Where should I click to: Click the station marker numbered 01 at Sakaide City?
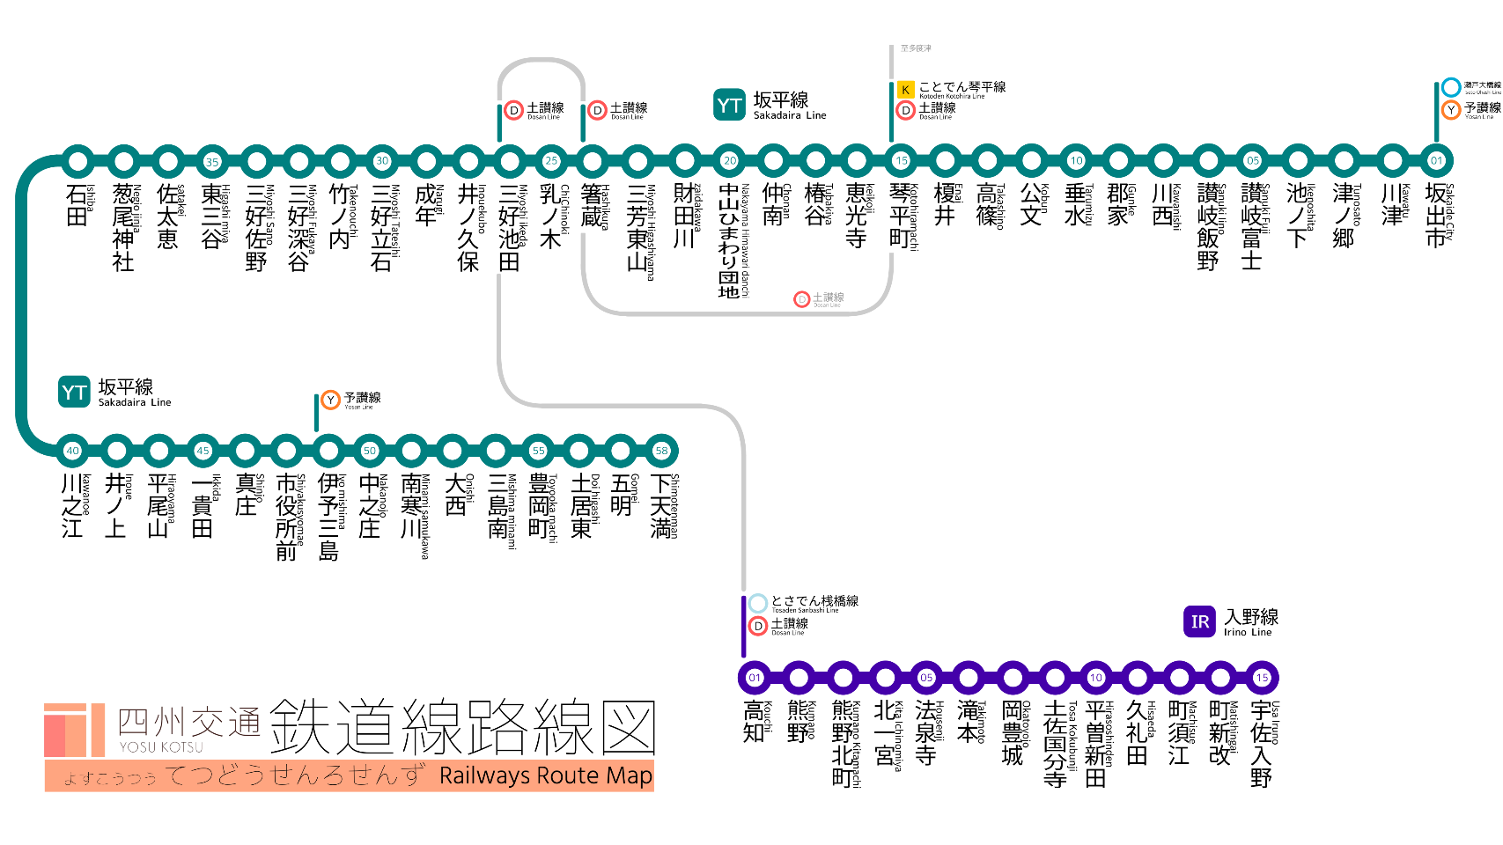point(1436,161)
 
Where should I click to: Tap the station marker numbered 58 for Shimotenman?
point(661,451)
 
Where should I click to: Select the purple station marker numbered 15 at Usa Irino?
point(1262,678)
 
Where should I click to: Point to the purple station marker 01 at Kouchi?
point(755,678)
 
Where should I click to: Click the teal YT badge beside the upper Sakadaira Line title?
point(729,106)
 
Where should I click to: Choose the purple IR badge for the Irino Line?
point(1199,621)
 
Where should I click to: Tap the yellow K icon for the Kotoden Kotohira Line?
point(905,89)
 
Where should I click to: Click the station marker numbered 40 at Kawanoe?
point(72,451)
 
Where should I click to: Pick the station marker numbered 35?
point(212,162)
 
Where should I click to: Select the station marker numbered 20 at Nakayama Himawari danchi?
point(730,161)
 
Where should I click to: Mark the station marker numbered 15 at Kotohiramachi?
point(901,161)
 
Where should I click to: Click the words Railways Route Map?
point(546,776)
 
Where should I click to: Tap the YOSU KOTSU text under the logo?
point(161,747)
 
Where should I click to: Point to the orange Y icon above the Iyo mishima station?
point(330,400)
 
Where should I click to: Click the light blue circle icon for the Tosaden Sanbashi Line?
point(757,604)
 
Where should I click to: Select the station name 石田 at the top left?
point(77,205)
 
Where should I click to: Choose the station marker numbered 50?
point(370,451)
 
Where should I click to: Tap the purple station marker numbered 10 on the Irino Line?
point(1095,678)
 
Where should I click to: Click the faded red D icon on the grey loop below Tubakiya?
point(801,299)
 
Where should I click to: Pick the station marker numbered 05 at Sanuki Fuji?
point(1252,161)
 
